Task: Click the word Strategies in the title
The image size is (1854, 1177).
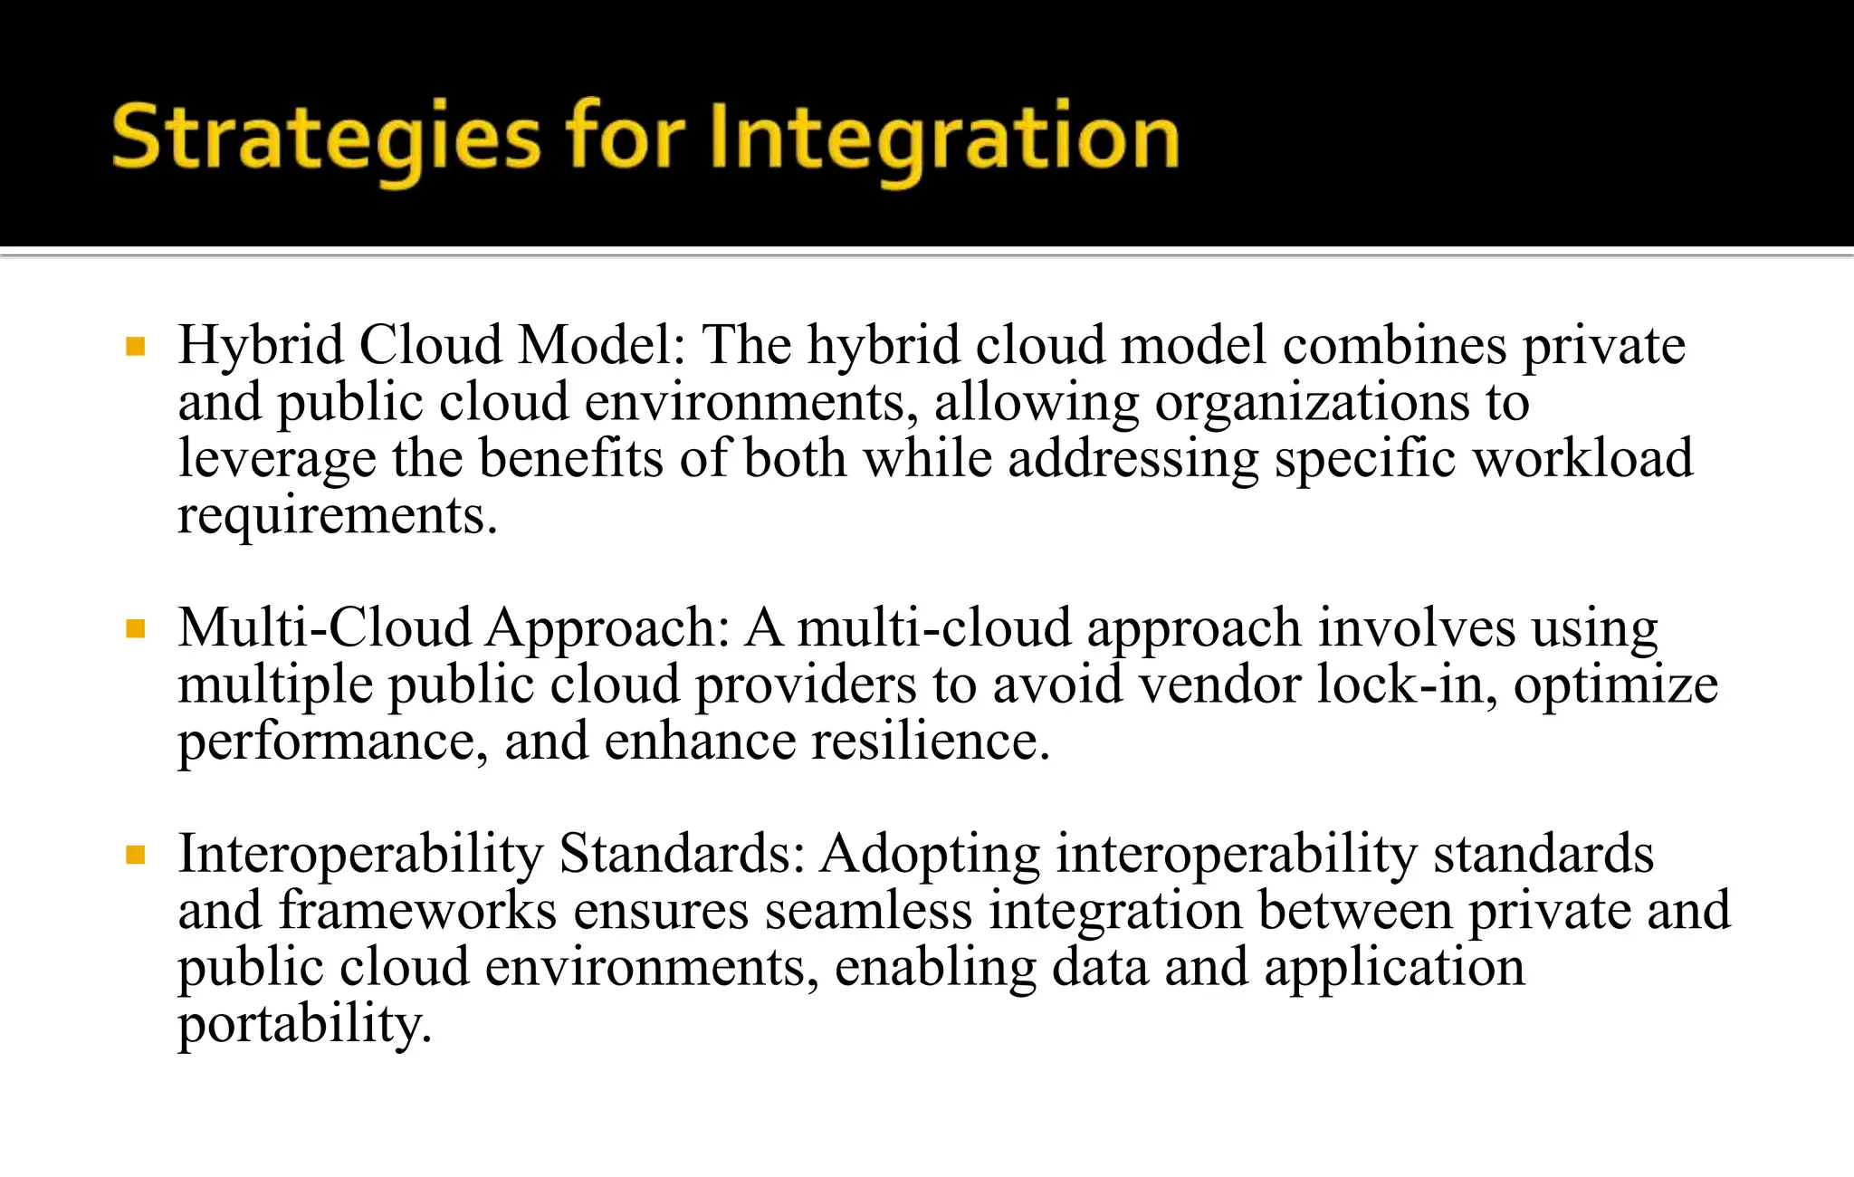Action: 326,138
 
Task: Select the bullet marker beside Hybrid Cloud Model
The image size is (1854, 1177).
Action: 136,347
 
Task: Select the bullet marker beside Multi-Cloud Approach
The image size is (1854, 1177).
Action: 136,629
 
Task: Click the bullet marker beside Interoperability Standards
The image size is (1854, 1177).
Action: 136,855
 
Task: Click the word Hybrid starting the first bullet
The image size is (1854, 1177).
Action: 261,346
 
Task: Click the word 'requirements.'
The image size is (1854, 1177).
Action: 338,516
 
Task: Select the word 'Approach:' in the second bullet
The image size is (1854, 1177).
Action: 607,628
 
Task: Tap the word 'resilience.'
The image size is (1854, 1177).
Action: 930,741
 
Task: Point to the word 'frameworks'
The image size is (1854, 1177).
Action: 417,911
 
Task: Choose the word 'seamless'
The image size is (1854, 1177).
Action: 868,911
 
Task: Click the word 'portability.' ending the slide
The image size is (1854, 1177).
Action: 305,1025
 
